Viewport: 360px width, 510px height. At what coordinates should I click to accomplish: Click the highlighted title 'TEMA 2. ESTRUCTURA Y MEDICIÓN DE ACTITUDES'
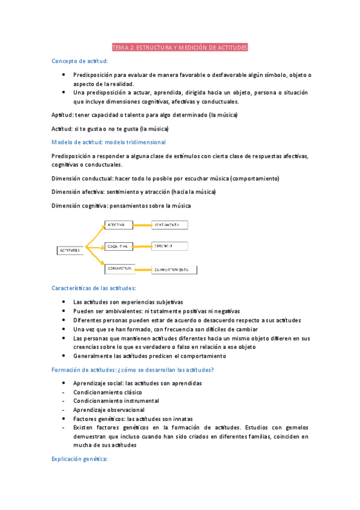tap(180, 47)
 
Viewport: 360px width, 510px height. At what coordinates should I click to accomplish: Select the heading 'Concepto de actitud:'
tap(81, 61)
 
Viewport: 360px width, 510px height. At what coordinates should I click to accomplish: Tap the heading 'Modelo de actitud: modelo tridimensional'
tap(109, 142)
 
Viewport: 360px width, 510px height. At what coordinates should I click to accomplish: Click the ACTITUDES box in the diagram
tap(70, 250)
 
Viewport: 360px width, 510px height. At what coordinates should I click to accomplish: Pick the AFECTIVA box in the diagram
tap(119, 225)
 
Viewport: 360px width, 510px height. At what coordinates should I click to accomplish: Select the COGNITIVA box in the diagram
tap(119, 246)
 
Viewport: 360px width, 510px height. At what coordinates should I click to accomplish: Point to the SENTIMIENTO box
tap(169, 225)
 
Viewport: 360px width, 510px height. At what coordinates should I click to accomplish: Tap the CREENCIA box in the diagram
tap(169, 246)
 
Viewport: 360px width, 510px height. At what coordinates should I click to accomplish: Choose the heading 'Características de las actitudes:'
tap(94, 288)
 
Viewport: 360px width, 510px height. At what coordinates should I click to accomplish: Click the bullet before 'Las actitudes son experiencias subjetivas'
tap(64, 302)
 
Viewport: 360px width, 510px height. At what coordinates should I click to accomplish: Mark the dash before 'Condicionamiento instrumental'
tap(64, 401)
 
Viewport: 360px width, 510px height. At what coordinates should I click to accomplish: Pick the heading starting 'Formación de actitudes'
tap(129, 369)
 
